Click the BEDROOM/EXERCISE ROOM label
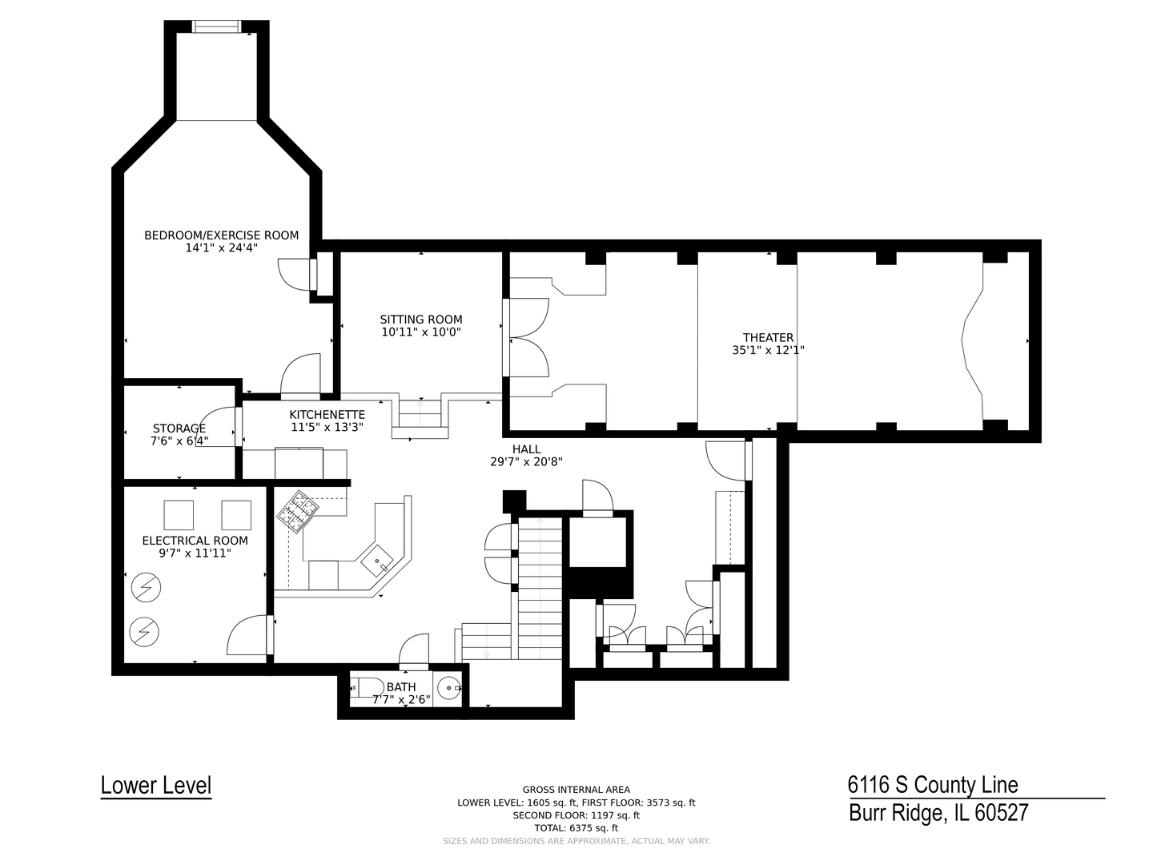click(221, 235)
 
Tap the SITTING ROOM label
click(420, 320)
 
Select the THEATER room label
click(768, 338)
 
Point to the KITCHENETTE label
click(327, 415)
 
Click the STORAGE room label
click(179, 428)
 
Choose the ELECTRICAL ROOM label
click(195, 541)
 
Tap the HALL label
click(526, 449)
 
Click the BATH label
click(401, 687)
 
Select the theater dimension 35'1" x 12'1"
click(768, 350)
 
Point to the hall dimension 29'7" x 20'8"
click(526, 461)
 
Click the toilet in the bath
click(368, 687)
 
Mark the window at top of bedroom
click(216, 27)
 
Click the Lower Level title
click(156, 785)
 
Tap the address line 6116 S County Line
click(933, 785)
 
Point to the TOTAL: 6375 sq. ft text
click(576, 828)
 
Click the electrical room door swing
click(248, 635)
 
